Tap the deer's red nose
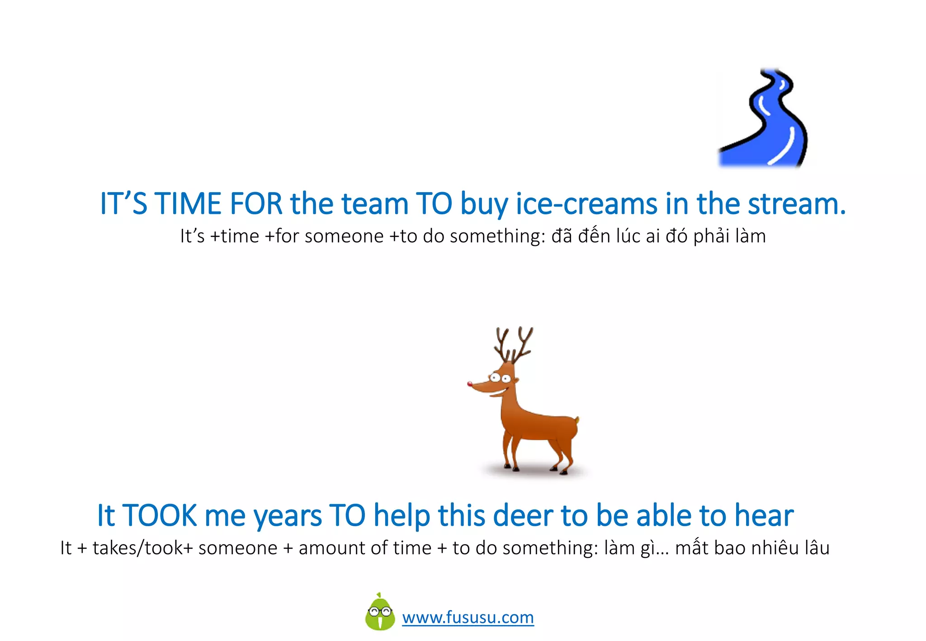click(x=470, y=384)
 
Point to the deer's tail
click(x=576, y=421)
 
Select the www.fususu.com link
click(x=468, y=617)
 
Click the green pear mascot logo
click(x=380, y=613)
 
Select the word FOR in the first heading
click(x=256, y=204)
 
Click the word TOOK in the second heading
click(x=160, y=515)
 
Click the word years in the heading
click(x=288, y=516)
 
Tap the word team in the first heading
click(x=375, y=204)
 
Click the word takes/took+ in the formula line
click(x=143, y=548)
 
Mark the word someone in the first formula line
click(x=344, y=236)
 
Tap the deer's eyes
click(x=500, y=378)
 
